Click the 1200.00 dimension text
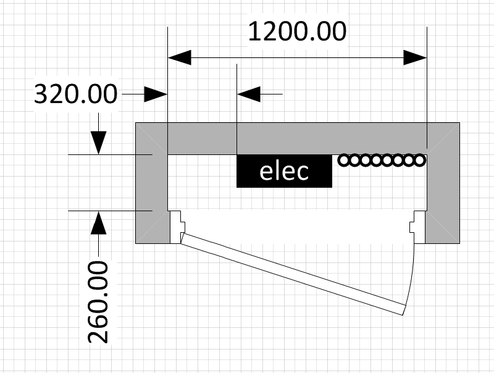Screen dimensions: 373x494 [x=296, y=31]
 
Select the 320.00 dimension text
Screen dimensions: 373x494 [x=75, y=94]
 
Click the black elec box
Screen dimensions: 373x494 [x=284, y=171]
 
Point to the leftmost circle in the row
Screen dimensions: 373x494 [x=345, y=161]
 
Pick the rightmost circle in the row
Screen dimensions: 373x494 [x=419, y=161]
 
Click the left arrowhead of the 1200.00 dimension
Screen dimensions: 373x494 [x=180, y=58]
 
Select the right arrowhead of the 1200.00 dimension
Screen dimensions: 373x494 [x=415, y=58]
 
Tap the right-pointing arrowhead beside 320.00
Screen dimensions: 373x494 [x=156, y=94]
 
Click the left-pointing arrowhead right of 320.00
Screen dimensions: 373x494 [x=249, y=94]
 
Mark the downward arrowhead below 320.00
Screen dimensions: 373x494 [x=98, y=143]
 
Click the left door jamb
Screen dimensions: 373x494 [x=175, y=227]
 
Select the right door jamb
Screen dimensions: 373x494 [x=419, y=227]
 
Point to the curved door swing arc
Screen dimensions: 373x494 [x=412, y=272]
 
